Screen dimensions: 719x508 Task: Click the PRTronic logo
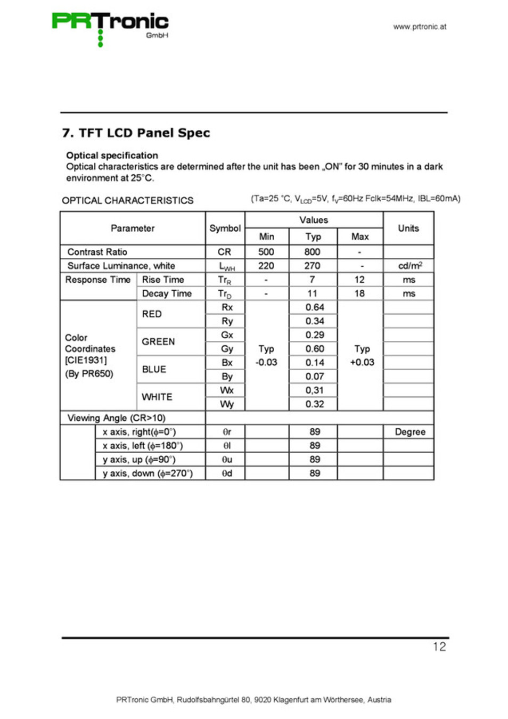pos(110,27)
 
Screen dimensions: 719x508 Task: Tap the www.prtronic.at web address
pos(420,27)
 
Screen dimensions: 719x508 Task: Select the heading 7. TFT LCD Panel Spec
pos(136,133)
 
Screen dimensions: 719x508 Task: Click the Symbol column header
pos(225,228)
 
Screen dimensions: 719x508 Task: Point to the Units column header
pos(408,228)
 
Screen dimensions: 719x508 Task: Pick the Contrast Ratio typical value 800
pos(313,252)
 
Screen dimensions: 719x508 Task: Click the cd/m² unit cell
pos(410,266)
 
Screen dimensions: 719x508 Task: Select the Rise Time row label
pos(163,280)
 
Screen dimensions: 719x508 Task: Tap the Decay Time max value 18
pos(360,293)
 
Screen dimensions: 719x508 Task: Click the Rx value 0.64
pos(315,307)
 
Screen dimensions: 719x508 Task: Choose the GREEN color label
pos(158,341)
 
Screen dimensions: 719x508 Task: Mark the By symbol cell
pos(227,377)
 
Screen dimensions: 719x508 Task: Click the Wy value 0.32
pos(315,404)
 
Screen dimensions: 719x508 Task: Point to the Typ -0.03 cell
pos(266,355)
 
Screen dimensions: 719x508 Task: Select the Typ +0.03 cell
pos(362,355)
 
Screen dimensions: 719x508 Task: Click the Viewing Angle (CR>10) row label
pos(116,418)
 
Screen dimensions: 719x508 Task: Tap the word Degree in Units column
pos(410,432)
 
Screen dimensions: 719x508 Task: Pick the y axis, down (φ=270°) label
pos(148,473)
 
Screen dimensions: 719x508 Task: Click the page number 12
pos(439,647)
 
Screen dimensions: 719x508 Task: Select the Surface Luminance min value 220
pos(266,266)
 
